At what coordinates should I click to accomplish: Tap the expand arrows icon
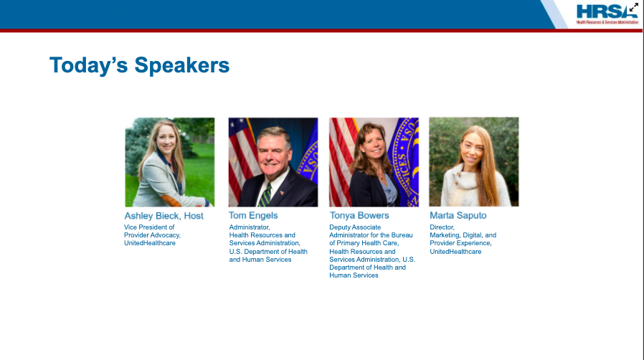634,7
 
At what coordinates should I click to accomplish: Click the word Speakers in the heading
182,65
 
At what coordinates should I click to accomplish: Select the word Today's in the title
89,65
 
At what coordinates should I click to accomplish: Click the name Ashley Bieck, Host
164,216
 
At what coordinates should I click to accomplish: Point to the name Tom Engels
253,216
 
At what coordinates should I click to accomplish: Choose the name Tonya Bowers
359,216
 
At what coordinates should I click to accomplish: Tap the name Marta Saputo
458,216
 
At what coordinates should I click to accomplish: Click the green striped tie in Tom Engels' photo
265,195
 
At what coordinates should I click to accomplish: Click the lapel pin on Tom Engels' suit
282,192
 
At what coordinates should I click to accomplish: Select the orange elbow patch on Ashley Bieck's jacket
171,201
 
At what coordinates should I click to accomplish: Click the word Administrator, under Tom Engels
250,227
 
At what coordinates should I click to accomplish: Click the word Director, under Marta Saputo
442,227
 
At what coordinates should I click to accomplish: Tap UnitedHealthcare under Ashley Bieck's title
150,243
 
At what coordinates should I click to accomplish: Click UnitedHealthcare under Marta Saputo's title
455,252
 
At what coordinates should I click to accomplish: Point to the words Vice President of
149,227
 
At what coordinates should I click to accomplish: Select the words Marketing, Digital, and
463,235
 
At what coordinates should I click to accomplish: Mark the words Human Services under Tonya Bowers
354,275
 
